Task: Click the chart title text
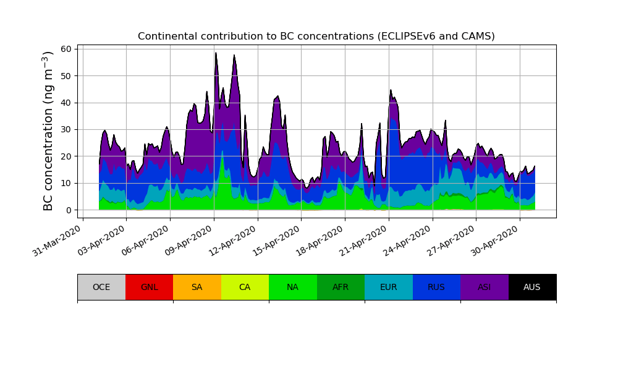[x=316, y=36]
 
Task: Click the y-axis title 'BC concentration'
[x=49, y=130]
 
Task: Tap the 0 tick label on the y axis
[x=69, y=210]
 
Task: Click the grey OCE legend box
[x=101, y=287]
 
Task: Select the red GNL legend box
[x=149, y=287]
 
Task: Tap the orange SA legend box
[x=197, y=287]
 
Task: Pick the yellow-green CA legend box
[x=245, y=287]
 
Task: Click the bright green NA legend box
[x=293, y=287]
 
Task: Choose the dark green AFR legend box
[x=341, y=287]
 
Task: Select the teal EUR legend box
[x=389, y=287]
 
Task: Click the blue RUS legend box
[x=436, y=287]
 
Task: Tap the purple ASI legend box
[x=485, y=287]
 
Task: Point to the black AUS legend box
[x=532, y=287]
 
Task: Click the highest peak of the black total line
[x=216, y=53]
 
